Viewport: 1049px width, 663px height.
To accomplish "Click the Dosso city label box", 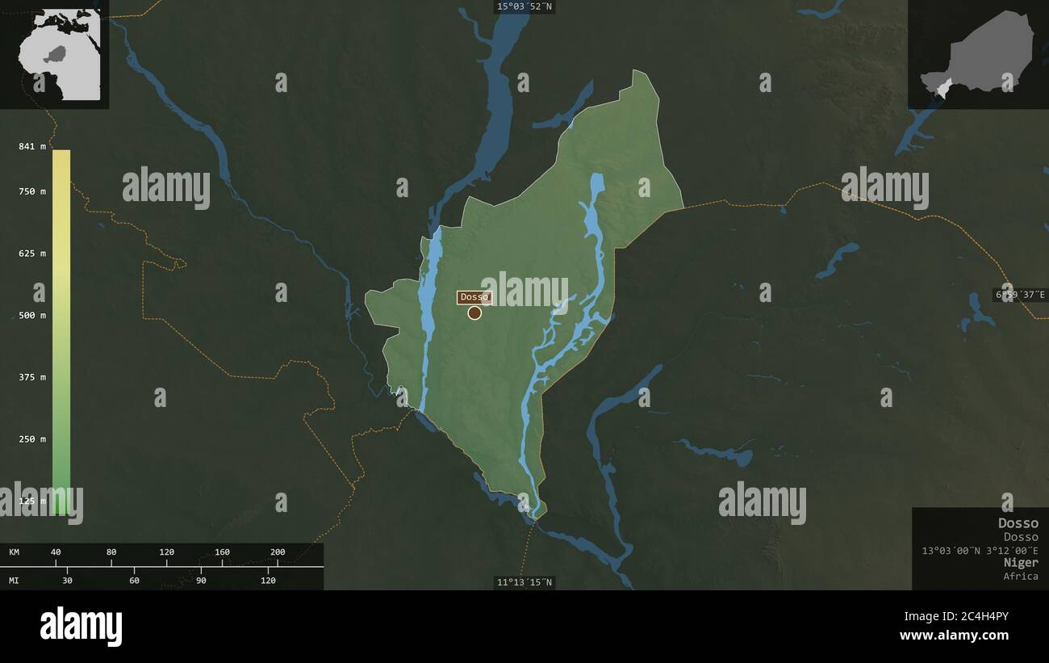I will coord(474,297).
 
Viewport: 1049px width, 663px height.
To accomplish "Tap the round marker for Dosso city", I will coord(474,313).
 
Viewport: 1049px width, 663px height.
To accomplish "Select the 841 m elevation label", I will coord(32,146).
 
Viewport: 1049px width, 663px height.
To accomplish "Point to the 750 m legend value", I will coord(32,191).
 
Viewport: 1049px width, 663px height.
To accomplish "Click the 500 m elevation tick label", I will coord(32,315).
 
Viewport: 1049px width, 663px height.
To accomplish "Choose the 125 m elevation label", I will coord(32,501).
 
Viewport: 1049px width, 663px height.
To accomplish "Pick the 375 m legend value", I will coord(32,377).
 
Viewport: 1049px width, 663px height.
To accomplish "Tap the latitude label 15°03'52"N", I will coord(525,6).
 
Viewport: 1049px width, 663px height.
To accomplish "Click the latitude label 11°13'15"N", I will coord(525,582).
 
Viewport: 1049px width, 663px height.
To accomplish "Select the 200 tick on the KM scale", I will coord(278,552).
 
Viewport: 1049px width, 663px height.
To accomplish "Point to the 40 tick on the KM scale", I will coord(56,552).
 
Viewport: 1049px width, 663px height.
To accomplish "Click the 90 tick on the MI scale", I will coord(201,580).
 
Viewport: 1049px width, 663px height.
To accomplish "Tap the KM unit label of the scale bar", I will coord(15,552).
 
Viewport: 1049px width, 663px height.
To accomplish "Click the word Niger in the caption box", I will coord(1021,562).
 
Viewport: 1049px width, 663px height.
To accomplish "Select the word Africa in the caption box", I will coord(1021,576).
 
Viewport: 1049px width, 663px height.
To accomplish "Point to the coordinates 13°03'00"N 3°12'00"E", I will coord(980,550).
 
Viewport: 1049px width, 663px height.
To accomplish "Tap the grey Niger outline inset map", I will coord(977,54).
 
